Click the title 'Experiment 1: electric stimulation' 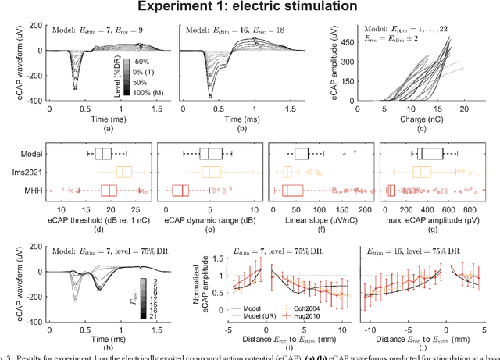tap(250, 8)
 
